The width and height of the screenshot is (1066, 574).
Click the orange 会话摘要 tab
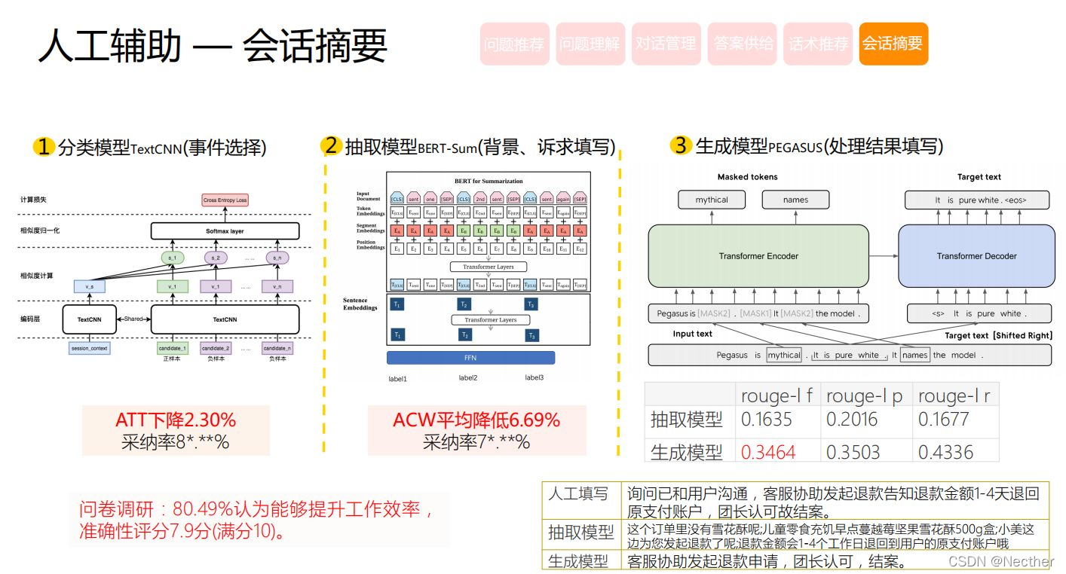[x=893, y=44]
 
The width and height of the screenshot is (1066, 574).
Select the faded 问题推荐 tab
[x=514, y=44]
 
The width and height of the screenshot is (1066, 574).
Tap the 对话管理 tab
[x=666, y=44]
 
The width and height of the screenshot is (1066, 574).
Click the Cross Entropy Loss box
[x=225, y=200]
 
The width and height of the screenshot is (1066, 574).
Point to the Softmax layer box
[x=225, y=231]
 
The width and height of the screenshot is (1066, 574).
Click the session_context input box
[x=89, y=349]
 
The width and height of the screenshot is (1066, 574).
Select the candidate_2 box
[x=216, y=349]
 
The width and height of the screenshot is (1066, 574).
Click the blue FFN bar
[x=470, y=358]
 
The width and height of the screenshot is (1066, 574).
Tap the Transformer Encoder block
[x=758, y=256]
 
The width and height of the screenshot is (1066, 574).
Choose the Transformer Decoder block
[x=976, y=256]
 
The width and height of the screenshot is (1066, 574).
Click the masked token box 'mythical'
[x=712, y=200]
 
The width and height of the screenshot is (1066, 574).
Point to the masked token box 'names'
[x=795, y=200]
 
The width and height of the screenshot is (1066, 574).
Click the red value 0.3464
[x=768, y=452]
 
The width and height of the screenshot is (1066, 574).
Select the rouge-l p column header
[x=864, y=395]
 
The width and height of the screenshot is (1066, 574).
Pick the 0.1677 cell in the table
[x=944, y=420]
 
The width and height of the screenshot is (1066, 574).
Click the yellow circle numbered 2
[x=331, y=145]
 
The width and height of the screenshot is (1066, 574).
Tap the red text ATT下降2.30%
[x=176, y=420]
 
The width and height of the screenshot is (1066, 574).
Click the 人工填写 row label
[x=579, y=494]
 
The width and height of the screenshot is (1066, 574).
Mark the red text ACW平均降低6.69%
[x=476, y=420]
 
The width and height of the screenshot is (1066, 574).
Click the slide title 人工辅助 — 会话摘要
[x=213, y=45]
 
